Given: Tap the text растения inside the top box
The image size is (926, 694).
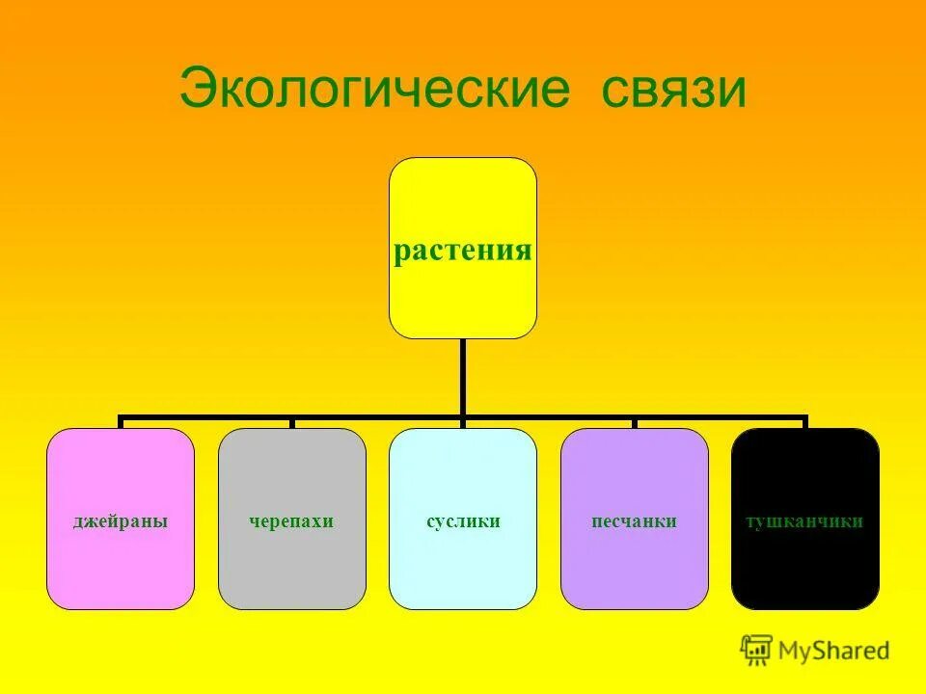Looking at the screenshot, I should point(463,251).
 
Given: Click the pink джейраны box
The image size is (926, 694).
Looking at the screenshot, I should point(121,569).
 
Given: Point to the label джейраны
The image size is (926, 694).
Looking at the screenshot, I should point(121,521).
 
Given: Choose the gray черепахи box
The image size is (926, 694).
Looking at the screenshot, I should point(292,569).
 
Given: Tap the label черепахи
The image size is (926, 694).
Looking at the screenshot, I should point(292,521).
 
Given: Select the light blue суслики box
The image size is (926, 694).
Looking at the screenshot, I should point(463,569).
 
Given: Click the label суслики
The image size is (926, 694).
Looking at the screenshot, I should point(463,521).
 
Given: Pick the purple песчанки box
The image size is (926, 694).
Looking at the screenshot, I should point(634,569).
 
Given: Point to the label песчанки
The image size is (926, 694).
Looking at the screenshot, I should point(634,521).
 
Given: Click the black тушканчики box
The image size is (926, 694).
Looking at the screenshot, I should point(805,569).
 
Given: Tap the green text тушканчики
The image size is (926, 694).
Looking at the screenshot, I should point(805,521).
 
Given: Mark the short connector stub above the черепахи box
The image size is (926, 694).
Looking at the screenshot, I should point(292,423).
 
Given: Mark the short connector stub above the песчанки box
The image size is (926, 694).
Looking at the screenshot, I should point(634,423).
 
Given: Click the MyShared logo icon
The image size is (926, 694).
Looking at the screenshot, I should point(756,651).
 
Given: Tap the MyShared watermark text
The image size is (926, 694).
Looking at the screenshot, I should point(834,652).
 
